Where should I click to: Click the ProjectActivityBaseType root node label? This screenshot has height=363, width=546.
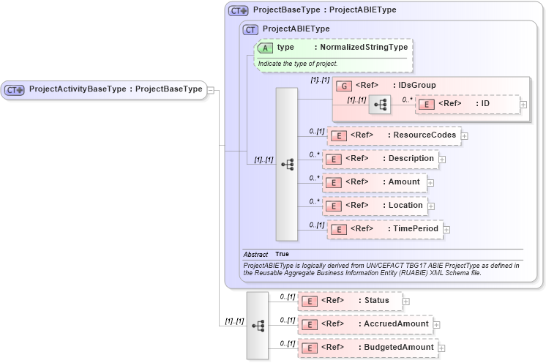pyautogui.click(x=115, y=89)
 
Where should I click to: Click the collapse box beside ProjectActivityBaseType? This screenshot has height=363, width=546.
pyautogui.click(x=211, y=90)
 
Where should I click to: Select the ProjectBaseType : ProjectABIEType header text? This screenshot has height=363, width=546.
pyautogui.click(x=324, y=10)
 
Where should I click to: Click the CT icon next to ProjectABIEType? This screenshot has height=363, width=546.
pyautogui.click(x=251, y=29)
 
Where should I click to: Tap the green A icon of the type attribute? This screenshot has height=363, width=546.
pyautogui.click(x=265, y=48)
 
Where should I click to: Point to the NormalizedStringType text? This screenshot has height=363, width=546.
pyautogui.click(x=361, y=47)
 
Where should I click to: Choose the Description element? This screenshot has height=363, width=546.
pyautogui.click(x=381, y=158)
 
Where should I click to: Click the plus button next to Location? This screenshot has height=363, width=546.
pyautogui.click(x=432, y=206)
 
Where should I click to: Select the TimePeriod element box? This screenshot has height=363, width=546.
pyautogui.click(x=385, y=229)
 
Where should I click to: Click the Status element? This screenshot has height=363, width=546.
pyautogui.click(x=350, y=300)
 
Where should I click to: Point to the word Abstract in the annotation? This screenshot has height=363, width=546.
pyautogui.click(x=255, y=254)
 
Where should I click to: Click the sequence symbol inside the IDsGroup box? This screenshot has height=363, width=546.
pyautogui.click(x=380, y=105)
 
